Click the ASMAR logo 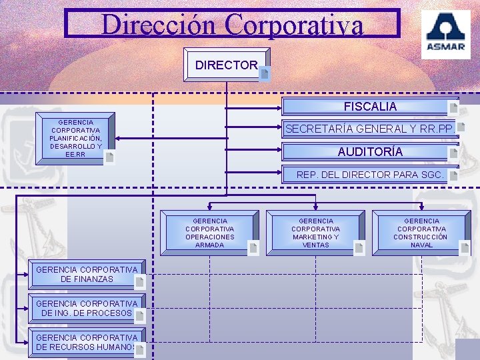click(445, 34)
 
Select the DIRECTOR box click(227, 65)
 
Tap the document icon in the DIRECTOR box click(265, 74)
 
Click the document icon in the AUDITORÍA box click(454, 153)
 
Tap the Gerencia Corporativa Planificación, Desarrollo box click(77, 139)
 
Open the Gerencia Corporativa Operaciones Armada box click(210, 233)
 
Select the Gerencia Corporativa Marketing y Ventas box click(316, 233)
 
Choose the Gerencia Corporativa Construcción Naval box click(421, 233)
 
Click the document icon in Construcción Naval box click(465, 248)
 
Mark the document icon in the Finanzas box click(139, 283)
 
